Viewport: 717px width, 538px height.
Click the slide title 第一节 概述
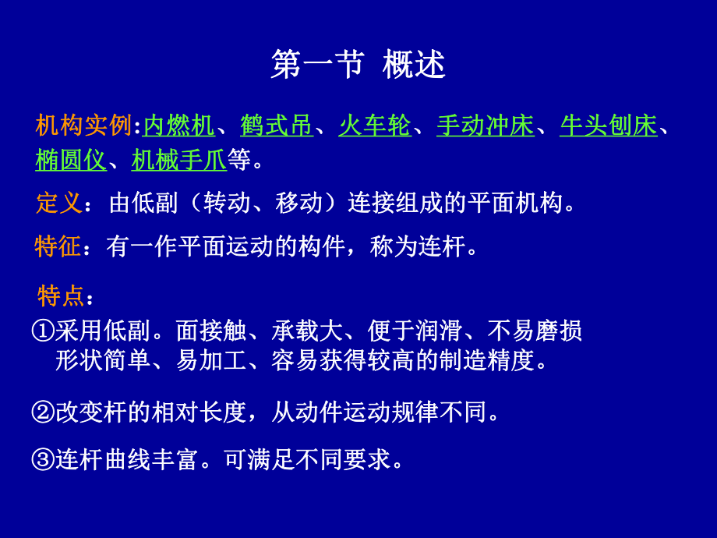(x=358, y=65)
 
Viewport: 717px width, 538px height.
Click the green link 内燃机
(x=179, y=126)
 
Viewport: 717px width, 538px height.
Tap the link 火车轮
(x=374, y=126)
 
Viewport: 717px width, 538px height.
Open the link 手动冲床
(x=485, y=126)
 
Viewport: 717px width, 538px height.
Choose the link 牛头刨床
(x=608, y=126)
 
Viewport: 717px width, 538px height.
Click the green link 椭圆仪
(x=71, y=161)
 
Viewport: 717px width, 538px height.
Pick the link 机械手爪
(x=179, y=161)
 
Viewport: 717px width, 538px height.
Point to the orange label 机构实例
(x=83, y=126)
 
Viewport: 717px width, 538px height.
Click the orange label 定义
(x=59, y=204)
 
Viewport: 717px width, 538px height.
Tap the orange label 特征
(x=59, y=247)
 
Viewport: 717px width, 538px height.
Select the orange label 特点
(x=61, y=296)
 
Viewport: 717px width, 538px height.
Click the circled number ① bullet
(x=43, y=331)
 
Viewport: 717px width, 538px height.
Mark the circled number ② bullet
(x=43, y=412)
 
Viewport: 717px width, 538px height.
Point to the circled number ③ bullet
(x=43, y=459)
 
